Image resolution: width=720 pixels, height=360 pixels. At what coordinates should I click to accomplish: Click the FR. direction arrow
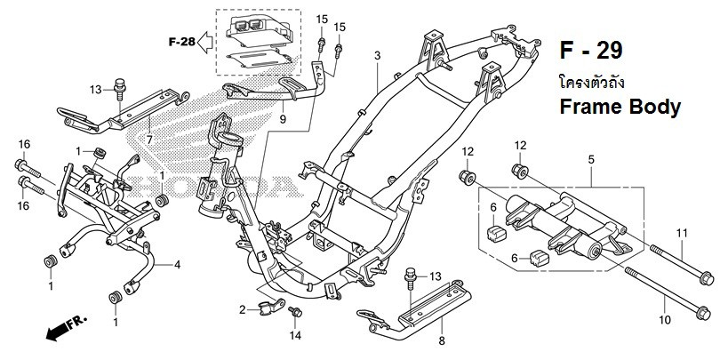click(61, 331)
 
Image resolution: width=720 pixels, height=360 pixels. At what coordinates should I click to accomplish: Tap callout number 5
click(590, 159)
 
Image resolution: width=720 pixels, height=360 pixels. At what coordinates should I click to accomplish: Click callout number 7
click(149, 140)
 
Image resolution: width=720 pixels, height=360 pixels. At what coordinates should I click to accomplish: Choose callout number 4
click(178, 264)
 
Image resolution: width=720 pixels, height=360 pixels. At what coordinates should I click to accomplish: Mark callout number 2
click(241, 309)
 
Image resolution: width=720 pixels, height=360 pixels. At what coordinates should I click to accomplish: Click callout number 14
click(297, 336)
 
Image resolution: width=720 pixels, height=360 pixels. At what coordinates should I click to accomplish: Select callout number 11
click(683, 233)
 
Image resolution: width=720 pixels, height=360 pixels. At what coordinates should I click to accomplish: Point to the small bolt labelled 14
click(297, 312)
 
